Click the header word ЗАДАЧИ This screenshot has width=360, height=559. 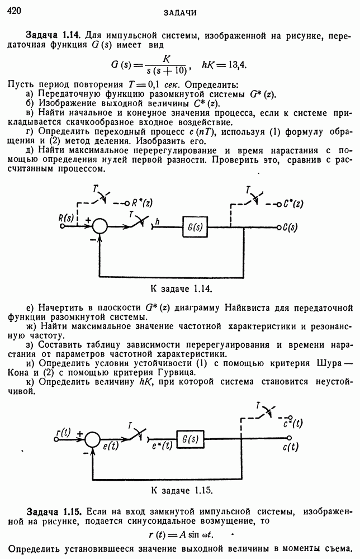(x=179, y=12)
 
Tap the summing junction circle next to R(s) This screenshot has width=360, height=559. (x=100, y=226)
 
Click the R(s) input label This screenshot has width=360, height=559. (x=67, y=217)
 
